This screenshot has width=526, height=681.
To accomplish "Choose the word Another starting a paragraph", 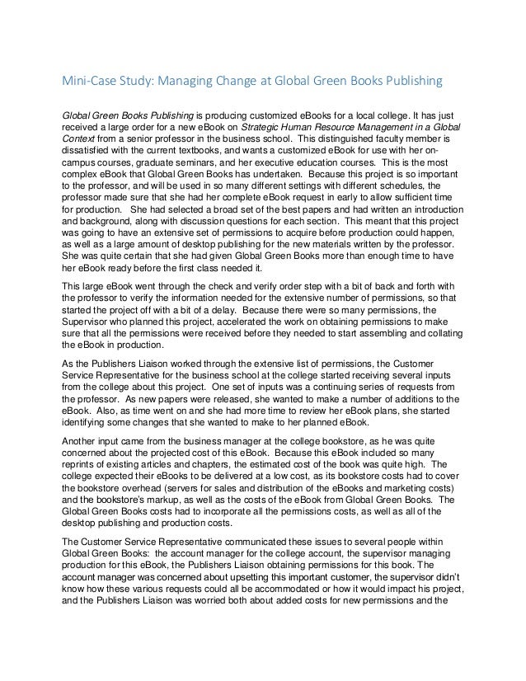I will click(82, 438).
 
